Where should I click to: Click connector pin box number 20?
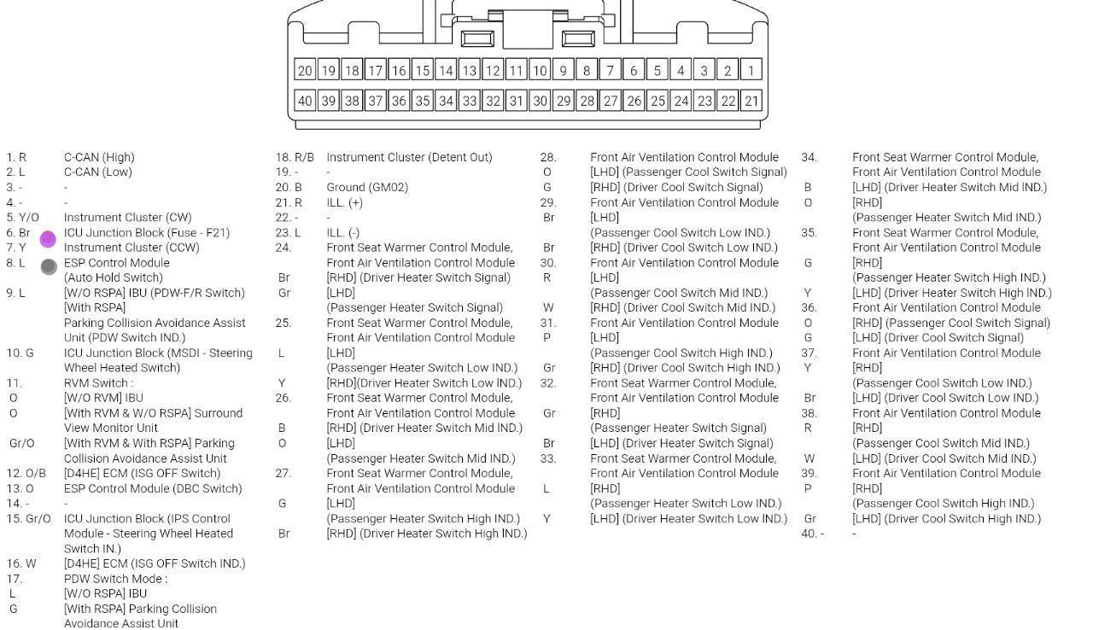coord(305,70)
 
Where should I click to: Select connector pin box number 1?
coord(751,70)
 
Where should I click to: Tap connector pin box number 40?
coord(305,101)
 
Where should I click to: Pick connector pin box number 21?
coord(751,101)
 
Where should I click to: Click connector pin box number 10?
coord(540,70)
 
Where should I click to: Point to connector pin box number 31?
coord(516,101)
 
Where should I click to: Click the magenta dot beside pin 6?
coord(48,239)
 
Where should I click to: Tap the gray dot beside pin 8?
coord(49,266)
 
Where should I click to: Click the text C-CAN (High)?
coord(99,157)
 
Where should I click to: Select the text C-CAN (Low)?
coord(98,172)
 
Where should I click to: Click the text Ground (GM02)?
coord(367,187)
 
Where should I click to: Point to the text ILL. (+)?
coord(344,202)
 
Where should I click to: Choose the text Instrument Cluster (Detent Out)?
coord(409,157)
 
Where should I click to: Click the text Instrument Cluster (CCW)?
coord(132,248)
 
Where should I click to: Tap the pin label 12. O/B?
coord(26,473)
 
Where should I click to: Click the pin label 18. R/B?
coord(295,157)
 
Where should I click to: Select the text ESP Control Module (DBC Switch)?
coord(153,488)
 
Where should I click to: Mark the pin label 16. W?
coord(21,563)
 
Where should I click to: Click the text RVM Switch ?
coord(98,383)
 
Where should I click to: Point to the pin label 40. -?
coord(813,534)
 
